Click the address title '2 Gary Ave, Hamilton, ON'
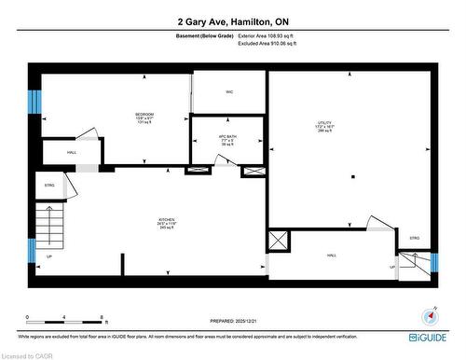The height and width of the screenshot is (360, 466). pyautogui.click(x=232, y=20)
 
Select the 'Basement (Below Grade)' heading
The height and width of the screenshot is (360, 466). pyautogui.click(x=203, y=35)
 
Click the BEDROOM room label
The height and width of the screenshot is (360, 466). pyautogui.click(x=144, y=116)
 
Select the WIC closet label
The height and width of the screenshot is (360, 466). pyautogui.click(x=229, y=91)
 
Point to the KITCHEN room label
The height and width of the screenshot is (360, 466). pyautogui.click(x=165, y=222)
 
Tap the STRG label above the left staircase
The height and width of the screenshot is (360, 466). pyautogui.click(x=49, y=186)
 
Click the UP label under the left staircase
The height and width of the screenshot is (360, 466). pyautogui.click(x=49, y=256)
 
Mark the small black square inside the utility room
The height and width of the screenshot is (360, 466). pyautogui.click(x=352, y=174)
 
